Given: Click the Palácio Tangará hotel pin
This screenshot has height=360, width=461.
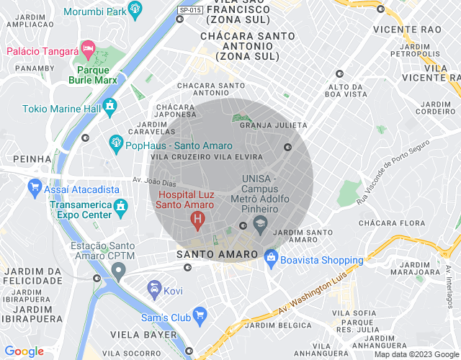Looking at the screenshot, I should (x=88, y=50).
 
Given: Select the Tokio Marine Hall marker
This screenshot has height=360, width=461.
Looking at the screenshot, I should (x=109, y=107).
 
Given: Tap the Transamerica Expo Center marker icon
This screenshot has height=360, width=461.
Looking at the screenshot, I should (x=122, y=206).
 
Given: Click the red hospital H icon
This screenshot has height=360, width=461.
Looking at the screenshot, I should (x=195, y=219).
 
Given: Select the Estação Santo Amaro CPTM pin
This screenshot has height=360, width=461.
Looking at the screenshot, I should (x=118, y=271).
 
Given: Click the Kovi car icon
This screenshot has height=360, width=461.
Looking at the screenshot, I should (x=153, y=289).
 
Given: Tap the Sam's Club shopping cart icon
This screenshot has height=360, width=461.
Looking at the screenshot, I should (x=200, y=315).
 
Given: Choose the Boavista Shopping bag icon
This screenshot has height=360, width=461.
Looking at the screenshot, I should (x=270, y=256).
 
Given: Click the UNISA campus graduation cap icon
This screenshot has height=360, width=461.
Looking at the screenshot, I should (x=260, y=224).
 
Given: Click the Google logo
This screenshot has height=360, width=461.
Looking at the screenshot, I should (x=24, y=351).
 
